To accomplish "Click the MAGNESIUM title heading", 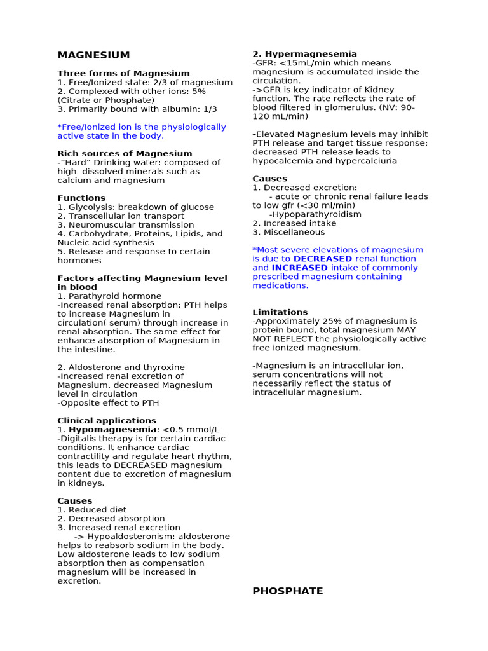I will (93, 55).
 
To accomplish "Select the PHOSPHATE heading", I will (287, 591).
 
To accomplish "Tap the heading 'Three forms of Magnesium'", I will (123, 74).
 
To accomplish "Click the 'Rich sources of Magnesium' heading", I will (125, 154).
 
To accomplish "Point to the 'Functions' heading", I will (81, 198).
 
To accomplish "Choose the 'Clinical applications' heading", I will (107, 421).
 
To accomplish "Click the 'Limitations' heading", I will (280, 312).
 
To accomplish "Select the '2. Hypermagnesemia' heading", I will (304, 54).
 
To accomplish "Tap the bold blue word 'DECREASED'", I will (323, 259).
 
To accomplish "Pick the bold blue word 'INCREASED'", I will (299, 268).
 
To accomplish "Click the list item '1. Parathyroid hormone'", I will (109, 296).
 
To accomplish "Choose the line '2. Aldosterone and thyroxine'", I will (121, 367).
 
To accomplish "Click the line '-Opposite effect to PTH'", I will (108, 403).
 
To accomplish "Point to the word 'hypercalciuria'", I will (365, 161).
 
